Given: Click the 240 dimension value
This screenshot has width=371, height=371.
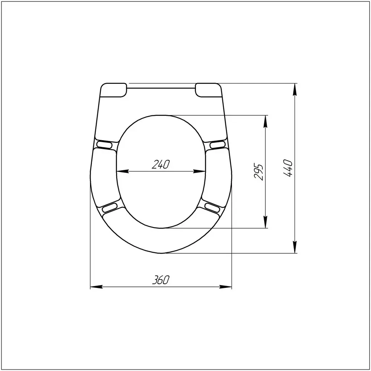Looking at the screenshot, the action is [x=161, y=164].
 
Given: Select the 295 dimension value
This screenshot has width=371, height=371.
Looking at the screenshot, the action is [x=258, y=172].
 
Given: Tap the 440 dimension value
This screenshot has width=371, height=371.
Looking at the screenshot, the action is [x=288, y=168].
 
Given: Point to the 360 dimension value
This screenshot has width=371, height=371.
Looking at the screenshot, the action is [x=161, y=280].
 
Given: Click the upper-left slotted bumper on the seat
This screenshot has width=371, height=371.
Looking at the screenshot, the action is [x=104, y=144].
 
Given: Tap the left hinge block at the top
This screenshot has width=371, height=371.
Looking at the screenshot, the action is [x=114, y=90].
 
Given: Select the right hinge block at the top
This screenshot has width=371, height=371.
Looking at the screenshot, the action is [x=208, y=90].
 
